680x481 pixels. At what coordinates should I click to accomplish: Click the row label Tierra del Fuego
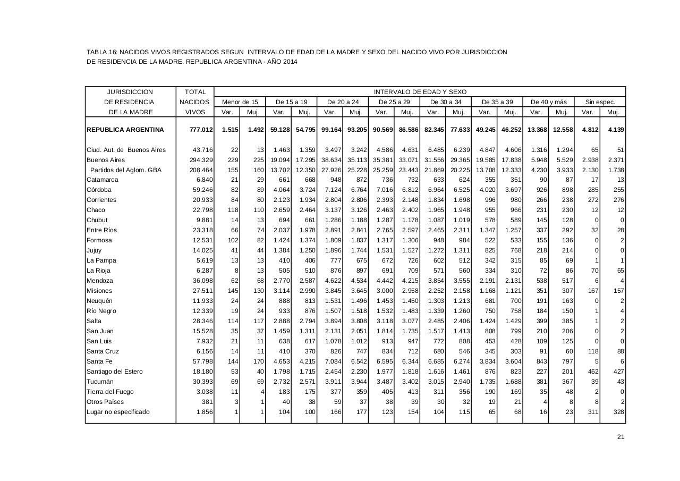click(x=110, y=392)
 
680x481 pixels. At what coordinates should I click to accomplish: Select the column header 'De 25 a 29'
click(x=394, y=102)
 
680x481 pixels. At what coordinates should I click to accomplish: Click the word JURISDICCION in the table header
click(x=130, y=92)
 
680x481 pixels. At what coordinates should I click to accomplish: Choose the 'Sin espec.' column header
click(x=600, y=102)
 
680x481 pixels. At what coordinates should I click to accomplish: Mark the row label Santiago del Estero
click(x=115, y=372)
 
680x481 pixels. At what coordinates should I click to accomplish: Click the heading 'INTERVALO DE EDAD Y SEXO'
click(x=420, y=92)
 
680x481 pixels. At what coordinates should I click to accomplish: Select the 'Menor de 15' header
click(x=240, y=102)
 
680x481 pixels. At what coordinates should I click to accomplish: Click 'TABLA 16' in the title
click(x=101, y=52)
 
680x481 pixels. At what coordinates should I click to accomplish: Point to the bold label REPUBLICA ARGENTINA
click(x=125, y=130)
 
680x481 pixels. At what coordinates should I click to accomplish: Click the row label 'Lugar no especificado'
click(x=118, y=412)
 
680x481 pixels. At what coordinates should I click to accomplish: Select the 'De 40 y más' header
click(x=549, y=102)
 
